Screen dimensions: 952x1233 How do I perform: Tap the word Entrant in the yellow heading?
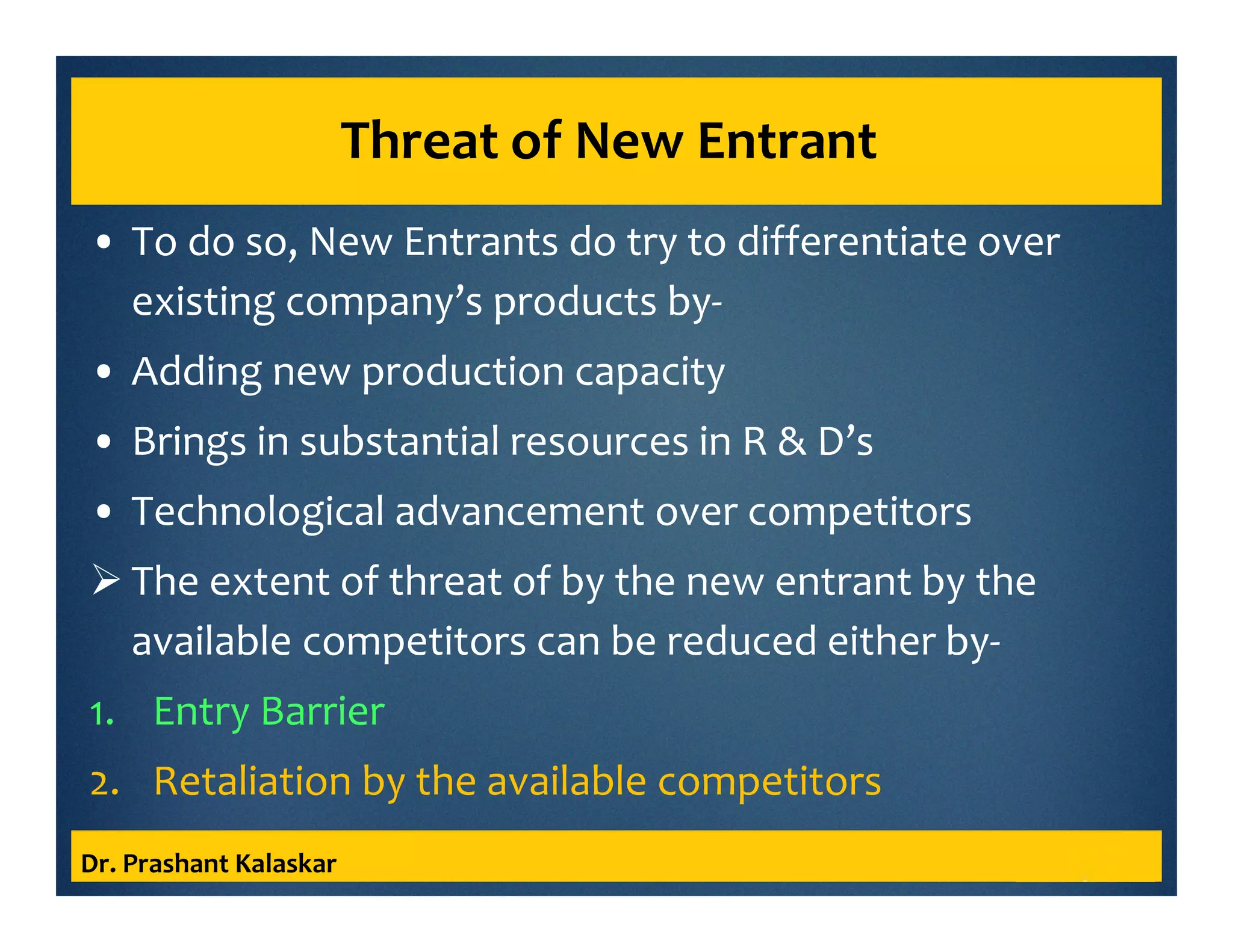click(x=786, y=141)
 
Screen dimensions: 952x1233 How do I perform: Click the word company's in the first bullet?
click(x=384, y=301)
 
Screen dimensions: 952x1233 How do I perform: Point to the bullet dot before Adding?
click(x=104, y=372)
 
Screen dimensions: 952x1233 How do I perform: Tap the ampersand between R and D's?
click(x=791, y=442)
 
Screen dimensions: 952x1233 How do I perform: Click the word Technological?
click(x=258, y=512)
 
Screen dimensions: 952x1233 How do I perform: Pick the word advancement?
click(x=519, y=512)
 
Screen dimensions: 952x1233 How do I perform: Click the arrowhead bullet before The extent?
click(x=106, y=582)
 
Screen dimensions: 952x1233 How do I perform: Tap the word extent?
click(x=269, y=582)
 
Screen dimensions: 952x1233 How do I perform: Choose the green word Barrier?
click(x=323, y=712)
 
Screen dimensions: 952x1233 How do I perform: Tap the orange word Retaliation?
click(x=252, y=782)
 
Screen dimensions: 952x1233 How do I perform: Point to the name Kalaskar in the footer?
click(x=285, y=864)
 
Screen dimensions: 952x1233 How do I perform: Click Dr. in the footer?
click(x=98, y=864)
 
